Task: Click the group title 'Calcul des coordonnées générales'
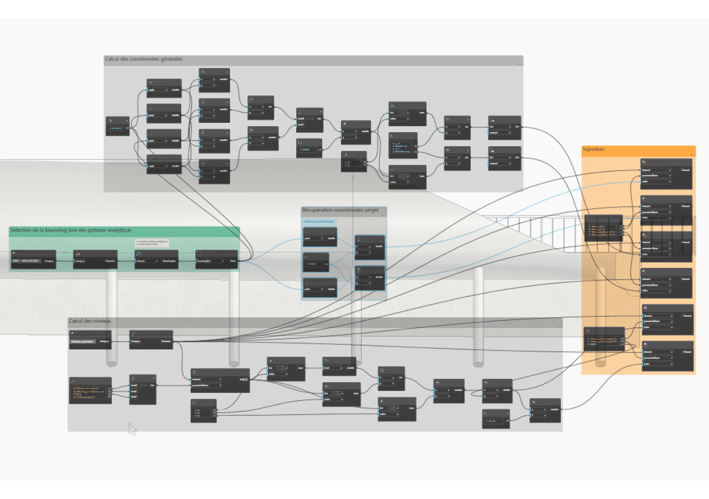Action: click(144, 59)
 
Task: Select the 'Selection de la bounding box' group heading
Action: click(70, 230)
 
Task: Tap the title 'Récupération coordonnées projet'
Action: click(340, 211)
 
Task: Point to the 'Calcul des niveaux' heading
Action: click(90, 321)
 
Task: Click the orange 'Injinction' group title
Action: click(594, 150)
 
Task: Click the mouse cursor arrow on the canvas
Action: click(132, 428)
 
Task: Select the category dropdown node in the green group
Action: click(33, 260)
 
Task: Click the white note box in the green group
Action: click(151, 243)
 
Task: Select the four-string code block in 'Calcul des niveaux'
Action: click(90, 390)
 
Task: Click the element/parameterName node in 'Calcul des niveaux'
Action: click(220, 381)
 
